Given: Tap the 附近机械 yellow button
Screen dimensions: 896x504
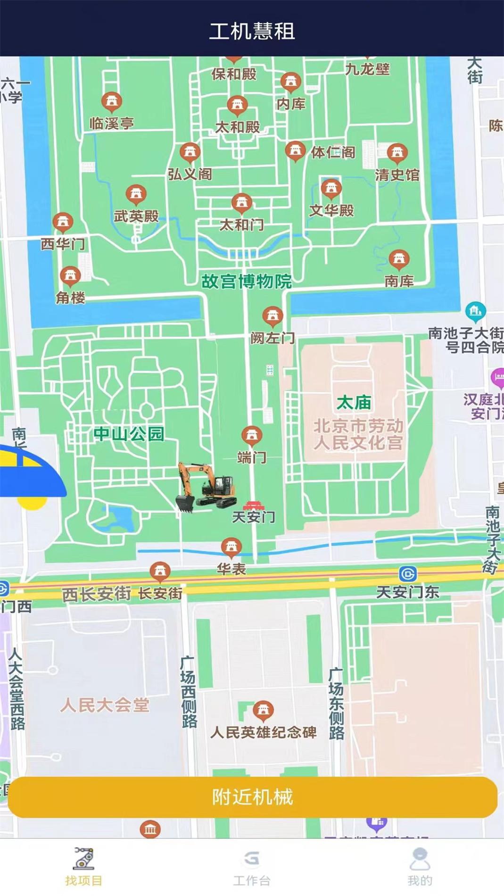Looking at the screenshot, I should (x=252, y=797).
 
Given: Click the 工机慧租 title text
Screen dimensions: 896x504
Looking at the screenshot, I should (x=252, y=31).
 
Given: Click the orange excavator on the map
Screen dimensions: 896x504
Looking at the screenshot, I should (x=206, y=488).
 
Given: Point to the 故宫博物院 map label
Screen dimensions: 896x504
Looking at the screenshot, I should (x=247, y=282).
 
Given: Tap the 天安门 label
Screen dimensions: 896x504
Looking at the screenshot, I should (x=253, y=517).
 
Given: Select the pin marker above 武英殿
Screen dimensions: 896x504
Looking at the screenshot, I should (x=136, y=194).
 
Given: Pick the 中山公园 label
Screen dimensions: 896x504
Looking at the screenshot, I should (x=129, y=433).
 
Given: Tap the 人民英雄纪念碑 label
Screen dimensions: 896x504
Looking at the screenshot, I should (x=263, y=732).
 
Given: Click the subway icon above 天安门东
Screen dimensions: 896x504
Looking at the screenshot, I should (x=407, y=573).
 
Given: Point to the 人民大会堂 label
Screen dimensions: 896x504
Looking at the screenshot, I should (x=105, y=705).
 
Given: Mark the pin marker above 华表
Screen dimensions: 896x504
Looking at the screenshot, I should (x=231, y=547).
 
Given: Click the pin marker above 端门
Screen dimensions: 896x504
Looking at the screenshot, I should (x=252, y=435).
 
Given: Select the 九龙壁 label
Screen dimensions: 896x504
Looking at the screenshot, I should (x=368, y=69).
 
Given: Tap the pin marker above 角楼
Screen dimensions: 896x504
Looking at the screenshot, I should (x=70, y=275).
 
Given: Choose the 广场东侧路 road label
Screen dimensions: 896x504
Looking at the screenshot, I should (x=336, y=703).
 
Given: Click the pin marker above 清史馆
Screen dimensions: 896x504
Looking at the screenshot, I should (x=397, y=152).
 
